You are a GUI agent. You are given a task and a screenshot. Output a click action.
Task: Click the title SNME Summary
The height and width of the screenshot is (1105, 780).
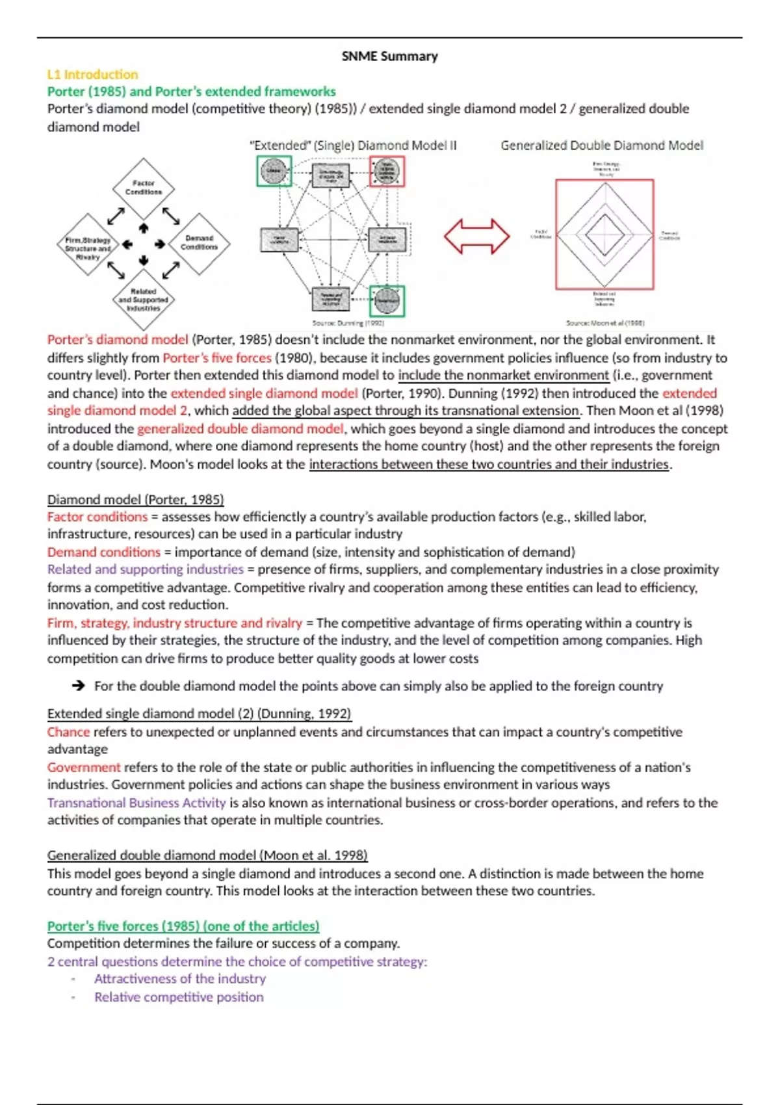[389, 57]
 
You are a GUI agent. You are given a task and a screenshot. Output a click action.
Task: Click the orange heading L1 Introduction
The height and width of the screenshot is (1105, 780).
[92, 74]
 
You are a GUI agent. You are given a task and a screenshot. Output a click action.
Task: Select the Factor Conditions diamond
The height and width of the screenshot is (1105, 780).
[143, 188]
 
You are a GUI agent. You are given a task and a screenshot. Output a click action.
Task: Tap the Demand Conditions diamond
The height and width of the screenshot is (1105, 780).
[199, 243]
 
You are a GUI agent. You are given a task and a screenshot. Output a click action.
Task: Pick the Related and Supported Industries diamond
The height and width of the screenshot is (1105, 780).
[143, 300]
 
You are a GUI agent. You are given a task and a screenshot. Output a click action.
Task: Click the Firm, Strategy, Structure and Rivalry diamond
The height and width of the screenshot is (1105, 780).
[88, 244]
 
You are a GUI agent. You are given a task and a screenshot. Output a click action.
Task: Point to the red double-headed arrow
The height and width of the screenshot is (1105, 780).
[476, 236]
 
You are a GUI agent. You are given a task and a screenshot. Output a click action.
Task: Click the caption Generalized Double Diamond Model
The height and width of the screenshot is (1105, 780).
[601, 146]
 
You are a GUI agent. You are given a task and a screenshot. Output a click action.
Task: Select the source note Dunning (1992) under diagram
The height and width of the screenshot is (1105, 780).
[348, 323]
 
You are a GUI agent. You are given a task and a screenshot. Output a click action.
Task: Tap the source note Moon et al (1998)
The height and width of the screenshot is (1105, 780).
[604, 323]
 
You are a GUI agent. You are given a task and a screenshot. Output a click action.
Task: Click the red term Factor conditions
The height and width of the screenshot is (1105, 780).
[97, 517]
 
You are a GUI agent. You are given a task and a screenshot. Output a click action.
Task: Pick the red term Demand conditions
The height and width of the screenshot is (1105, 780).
[103, 552]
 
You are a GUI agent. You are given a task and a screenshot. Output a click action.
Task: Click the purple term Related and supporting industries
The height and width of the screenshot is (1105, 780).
[145, 569]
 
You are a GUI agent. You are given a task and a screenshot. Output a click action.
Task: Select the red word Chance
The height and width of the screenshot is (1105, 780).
[68, 732]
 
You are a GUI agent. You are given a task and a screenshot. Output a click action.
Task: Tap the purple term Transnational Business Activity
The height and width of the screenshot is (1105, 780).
[136, 803]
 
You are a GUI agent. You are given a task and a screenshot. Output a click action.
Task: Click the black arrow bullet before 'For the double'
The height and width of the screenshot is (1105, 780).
[79, 686]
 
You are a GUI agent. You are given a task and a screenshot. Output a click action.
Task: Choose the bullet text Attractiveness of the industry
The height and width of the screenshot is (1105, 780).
[179, 979]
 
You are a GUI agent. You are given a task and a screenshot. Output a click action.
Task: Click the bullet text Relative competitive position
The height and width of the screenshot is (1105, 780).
[179, 997]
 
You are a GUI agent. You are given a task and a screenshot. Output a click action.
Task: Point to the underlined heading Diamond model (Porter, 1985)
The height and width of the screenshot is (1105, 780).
[135, 499]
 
